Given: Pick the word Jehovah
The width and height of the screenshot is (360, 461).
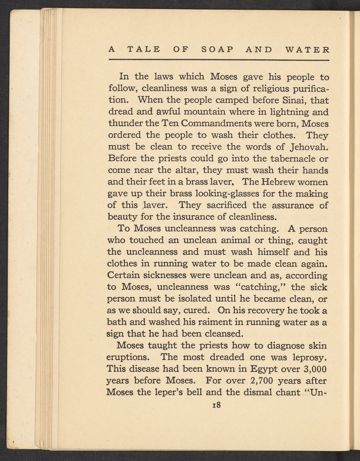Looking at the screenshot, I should coord(309,147).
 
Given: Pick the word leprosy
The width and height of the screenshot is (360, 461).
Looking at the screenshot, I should coord(309,358).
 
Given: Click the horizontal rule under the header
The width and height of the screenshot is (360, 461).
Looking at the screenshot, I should coord(219,60).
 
